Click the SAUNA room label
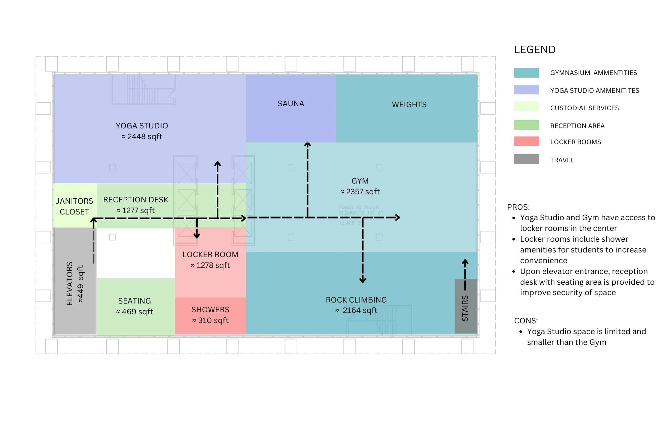coord(291,104)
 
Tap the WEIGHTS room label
coord(409,105)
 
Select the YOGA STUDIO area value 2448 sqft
coord(142,136)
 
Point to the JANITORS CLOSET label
coord(74,206)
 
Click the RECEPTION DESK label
coord(135,200)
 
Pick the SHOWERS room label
coord(210,310)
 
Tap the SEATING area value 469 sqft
coord(135,312)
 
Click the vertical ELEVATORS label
coord(70,283)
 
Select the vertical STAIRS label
coord(465,308)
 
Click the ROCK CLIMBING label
coord(356,300)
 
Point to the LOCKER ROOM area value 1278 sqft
coord(210,265)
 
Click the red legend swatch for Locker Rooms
coord(526,142)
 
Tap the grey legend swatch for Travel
coord(526,159)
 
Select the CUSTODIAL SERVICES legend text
coord(584,108)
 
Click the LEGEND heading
coord(535,50)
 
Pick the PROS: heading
coord(518,207)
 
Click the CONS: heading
coord(526,321)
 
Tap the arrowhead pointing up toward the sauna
coord(307,145)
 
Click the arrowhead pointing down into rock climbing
coord(363,280)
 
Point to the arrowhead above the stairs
coord(465,262)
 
